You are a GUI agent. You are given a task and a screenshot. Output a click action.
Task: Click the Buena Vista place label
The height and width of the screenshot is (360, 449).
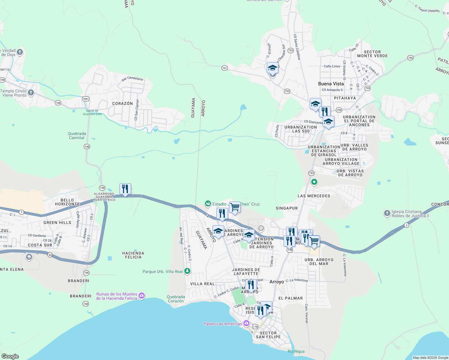point(331,84)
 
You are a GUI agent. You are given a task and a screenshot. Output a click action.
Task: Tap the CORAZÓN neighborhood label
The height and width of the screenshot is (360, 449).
point(122,103)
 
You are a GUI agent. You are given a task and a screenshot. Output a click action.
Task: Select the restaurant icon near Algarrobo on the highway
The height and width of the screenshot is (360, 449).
point(125,189)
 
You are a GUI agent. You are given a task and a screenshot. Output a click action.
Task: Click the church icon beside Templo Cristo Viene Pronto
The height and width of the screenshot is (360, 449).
point(31,93)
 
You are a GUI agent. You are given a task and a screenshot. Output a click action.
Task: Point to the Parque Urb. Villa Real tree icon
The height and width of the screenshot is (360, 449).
point(187,271)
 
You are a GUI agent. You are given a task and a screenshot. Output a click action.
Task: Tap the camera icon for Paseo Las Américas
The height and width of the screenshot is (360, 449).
point(246,323)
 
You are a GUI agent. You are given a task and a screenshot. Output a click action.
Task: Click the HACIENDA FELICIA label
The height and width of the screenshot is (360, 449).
point(133,255)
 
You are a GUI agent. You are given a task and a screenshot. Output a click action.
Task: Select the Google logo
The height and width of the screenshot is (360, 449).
point(10,356)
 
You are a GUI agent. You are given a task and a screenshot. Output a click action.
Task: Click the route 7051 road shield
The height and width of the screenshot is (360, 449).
point(86,99)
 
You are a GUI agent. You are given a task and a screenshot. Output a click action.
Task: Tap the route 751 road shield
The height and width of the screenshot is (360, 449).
point(224,68)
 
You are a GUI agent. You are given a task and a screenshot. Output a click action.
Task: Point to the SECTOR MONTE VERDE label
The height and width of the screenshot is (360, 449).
point(372,54)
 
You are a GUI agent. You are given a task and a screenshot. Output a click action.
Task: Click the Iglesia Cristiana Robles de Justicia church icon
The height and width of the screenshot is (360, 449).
point(387,213)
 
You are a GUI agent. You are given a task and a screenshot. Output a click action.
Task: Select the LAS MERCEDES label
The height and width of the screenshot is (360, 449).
point(314,196)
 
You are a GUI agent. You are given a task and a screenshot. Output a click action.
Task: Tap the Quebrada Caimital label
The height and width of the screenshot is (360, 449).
point(77,136)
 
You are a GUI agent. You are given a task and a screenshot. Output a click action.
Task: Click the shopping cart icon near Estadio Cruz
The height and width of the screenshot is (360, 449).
point(235,207)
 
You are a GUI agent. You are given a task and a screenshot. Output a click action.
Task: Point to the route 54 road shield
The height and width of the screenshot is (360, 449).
point(50,255)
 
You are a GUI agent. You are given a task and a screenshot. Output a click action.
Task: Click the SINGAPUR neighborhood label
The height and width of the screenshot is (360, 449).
point(287,208)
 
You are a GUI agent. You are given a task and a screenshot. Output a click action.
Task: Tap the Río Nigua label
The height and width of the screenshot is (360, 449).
point(296,351)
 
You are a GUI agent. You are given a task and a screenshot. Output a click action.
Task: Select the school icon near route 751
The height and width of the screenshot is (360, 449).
point(273,68)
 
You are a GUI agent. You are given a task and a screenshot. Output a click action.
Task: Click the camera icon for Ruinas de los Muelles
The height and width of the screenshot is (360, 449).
point(142,296)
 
